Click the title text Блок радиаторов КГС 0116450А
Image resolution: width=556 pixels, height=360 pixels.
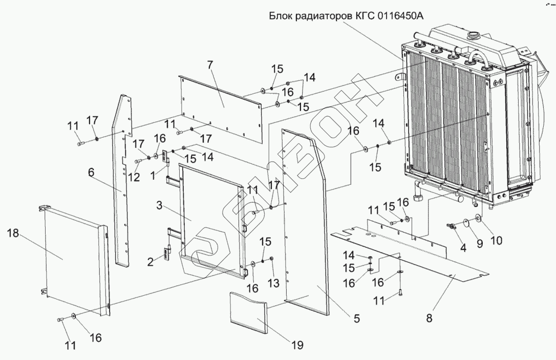(346, 16)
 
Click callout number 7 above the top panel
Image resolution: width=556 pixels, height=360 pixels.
(210, 65)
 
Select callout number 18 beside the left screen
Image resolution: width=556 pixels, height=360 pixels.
(13, 234)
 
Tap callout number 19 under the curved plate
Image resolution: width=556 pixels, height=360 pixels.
(297, 345)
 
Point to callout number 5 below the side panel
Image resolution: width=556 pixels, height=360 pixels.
(356, 319)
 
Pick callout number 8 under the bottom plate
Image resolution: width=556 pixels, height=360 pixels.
(429, 318)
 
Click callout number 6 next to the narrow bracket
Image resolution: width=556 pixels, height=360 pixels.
(91, 173)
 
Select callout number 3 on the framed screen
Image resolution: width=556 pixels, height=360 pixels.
(159, 205)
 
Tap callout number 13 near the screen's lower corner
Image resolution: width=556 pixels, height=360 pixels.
(273, 283)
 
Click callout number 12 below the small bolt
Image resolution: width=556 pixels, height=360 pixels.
(134, 177)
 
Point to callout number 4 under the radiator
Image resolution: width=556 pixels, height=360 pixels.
(463, 247)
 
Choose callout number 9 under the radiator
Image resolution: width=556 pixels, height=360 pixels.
(479, 243)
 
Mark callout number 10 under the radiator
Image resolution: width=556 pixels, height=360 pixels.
(497, 241)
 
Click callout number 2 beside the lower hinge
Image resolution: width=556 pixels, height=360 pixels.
(151, 262)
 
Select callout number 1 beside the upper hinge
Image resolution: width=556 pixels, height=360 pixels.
(153, 175)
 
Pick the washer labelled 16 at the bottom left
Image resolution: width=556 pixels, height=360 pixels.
(73, 315)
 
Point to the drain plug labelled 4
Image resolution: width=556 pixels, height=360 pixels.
(451, 226)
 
